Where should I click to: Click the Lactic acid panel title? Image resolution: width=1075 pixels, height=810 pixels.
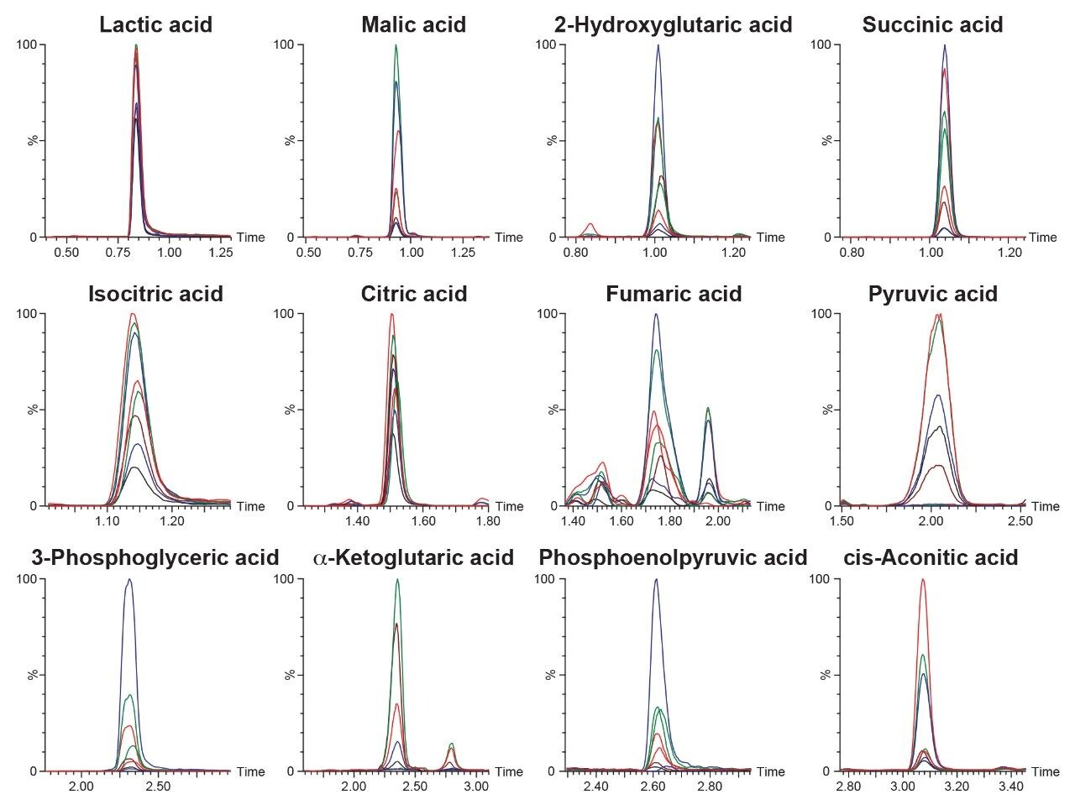155,24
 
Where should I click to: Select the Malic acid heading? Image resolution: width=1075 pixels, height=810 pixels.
413,24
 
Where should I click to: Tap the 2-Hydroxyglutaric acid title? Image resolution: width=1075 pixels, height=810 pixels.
673,24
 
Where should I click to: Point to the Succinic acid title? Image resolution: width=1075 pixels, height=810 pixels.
932,24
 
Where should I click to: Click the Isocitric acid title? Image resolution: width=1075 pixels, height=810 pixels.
155,294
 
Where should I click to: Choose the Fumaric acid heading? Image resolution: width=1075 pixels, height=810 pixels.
674,294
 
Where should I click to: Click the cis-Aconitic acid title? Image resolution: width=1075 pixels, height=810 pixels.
934,557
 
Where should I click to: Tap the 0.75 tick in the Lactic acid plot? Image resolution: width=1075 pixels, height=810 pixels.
128,252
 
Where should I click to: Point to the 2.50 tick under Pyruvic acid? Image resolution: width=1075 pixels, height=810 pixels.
1020,521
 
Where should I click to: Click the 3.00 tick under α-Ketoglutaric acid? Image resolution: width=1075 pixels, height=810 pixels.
476,786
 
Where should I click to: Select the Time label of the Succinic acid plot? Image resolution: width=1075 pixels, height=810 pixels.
1042,238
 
